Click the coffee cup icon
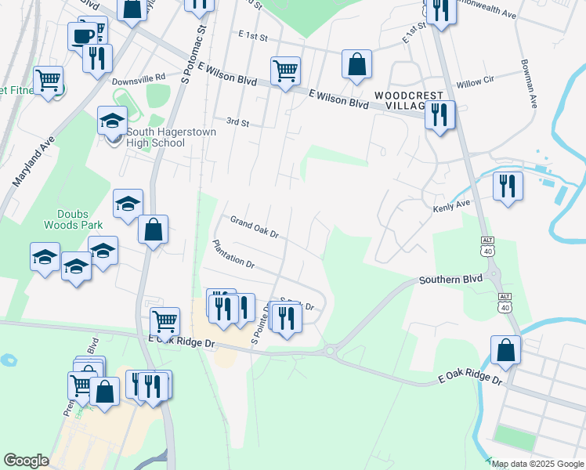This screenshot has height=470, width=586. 82,35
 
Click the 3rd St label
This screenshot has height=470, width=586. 237,122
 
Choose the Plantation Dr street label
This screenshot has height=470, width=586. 233,254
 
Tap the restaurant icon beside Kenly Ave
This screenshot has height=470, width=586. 508,186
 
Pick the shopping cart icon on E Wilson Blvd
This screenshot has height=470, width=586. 285,70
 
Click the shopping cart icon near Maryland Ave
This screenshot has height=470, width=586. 49,79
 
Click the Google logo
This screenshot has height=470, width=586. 26,461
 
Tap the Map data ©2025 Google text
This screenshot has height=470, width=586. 537,464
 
